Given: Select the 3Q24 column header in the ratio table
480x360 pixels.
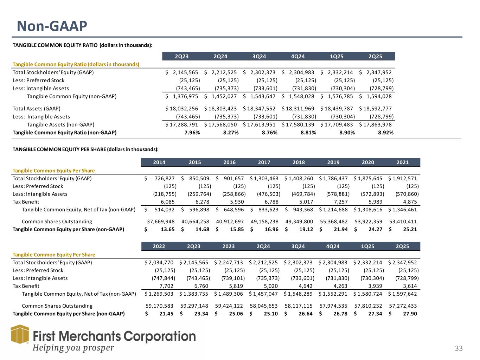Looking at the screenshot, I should click(259, 56).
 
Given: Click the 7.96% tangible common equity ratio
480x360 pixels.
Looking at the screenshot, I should click(192, 133).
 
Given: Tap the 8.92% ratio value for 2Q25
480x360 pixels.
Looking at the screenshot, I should click(386, 133).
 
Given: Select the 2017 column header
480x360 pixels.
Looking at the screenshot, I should click(264, 162).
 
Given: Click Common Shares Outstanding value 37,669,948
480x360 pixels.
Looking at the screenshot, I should click(161, 221).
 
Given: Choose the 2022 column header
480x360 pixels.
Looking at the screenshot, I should click(159, 246).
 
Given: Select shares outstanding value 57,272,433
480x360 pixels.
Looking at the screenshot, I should click(402, 306).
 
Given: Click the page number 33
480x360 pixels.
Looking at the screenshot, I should click(459, 348).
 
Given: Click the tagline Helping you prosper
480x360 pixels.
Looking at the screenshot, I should click(73, 348).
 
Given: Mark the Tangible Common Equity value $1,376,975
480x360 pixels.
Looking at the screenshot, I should click(183, 96).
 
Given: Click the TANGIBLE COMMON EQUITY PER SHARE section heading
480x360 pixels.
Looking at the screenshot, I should click(85, 149).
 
